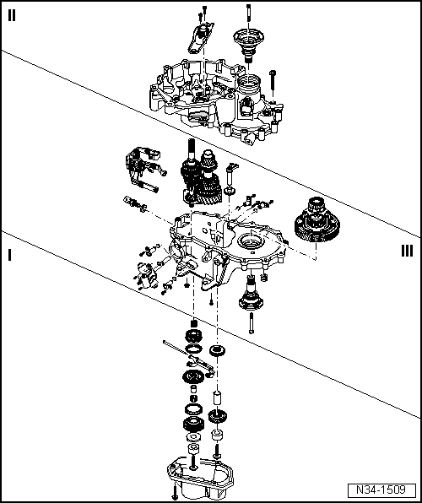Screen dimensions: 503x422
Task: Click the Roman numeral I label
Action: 9,253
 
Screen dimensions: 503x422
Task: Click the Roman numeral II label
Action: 14,14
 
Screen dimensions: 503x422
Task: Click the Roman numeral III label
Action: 408,250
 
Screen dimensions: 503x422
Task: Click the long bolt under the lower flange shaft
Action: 252,323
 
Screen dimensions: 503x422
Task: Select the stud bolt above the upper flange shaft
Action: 249,12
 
